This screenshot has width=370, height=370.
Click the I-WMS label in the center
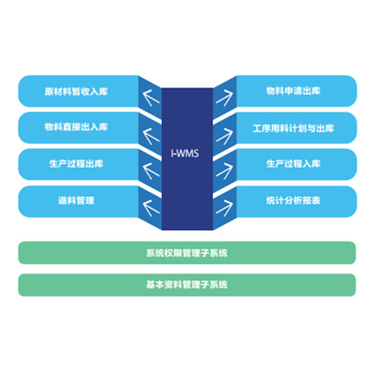point(185,153)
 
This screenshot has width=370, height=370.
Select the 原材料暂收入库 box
point(78,91)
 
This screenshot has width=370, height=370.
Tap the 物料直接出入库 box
point(78,127)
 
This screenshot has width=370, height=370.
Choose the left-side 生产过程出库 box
point(78,164)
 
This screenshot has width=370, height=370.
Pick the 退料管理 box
point(78,201)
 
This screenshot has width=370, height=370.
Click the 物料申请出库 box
point(297,91)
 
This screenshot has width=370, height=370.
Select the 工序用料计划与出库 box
point(297,128)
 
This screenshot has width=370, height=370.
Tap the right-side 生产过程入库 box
point(297,164)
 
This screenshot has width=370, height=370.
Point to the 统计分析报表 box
point(297,201)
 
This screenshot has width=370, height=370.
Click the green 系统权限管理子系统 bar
point(187,252)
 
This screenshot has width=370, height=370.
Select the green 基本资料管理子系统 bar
point(187,285)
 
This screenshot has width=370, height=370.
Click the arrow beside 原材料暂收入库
point(151,98)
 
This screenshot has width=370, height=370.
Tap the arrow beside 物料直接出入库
point(151,136)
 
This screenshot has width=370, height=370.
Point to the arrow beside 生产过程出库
point(151,171)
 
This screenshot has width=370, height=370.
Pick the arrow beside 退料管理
point(151,208)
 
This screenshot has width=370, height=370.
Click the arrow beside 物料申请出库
point(224,98)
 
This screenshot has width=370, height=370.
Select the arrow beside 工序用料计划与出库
point(224,136)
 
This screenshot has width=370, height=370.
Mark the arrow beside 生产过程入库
point(224,171)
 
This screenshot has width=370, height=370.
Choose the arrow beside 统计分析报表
point(224,208)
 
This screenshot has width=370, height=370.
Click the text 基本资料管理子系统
point(186,285)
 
